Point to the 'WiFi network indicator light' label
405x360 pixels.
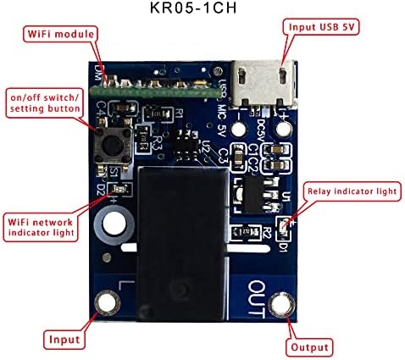40,224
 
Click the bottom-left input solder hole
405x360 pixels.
107,302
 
